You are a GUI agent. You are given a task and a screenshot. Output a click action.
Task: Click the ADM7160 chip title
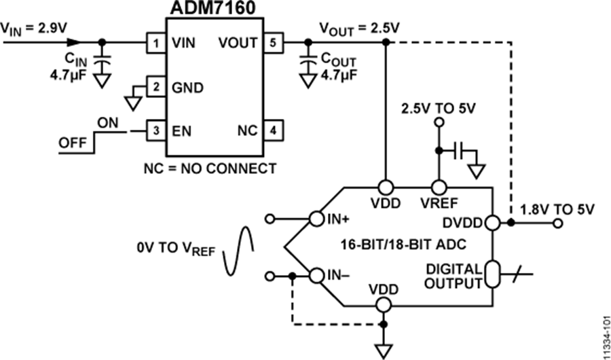(210, 10)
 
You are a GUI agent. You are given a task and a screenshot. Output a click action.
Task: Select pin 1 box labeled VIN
(156, 42)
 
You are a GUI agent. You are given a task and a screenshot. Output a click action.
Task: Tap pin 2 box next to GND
(156, 87)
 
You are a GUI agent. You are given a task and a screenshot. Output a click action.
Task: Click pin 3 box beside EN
(156, 129)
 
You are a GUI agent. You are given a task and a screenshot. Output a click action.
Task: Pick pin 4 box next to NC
(270, 129)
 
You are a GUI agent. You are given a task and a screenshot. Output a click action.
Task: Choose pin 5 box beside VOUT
(270, 42)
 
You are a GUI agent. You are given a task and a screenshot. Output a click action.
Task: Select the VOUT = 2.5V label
(360, 29)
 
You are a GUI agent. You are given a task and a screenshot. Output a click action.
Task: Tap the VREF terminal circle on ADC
(439, 187)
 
